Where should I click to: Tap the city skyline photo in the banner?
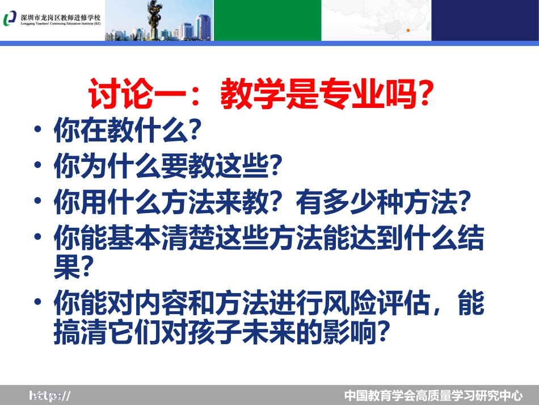159,21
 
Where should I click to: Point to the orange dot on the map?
407,30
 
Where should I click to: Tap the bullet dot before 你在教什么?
38,131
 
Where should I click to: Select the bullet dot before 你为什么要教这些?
38,166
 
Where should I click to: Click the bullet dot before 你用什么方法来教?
38,201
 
